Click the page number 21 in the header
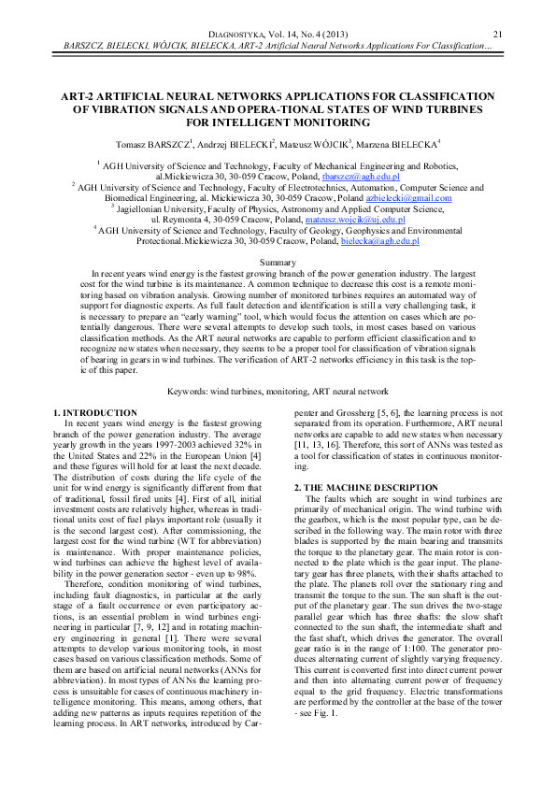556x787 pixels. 497,35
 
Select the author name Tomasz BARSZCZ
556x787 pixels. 154,143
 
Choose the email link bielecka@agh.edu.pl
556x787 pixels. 380,241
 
